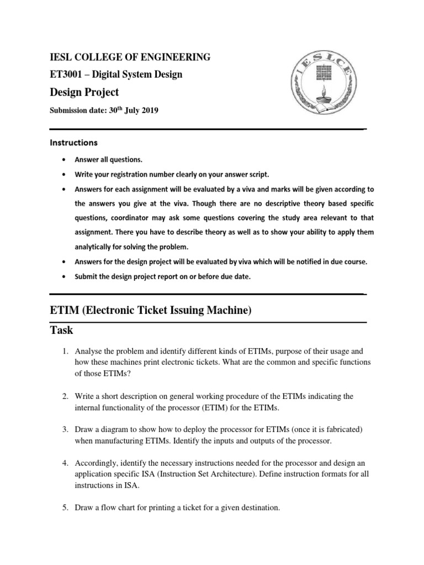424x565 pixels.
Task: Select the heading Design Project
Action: [x=84, y=92]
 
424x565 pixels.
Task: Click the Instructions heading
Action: [x=73, y=142]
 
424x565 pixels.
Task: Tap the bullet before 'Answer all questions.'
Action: [x=66, y=160]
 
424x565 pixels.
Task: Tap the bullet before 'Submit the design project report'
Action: [x=66, y=277]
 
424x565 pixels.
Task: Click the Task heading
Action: [x=61, y=331]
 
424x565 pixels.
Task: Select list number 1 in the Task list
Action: [x=65, y=351]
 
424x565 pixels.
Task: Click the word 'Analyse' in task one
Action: [x=89, y=351]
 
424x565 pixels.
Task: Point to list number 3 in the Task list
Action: [x=65, y=429]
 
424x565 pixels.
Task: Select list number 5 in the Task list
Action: [x=65, y=508]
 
